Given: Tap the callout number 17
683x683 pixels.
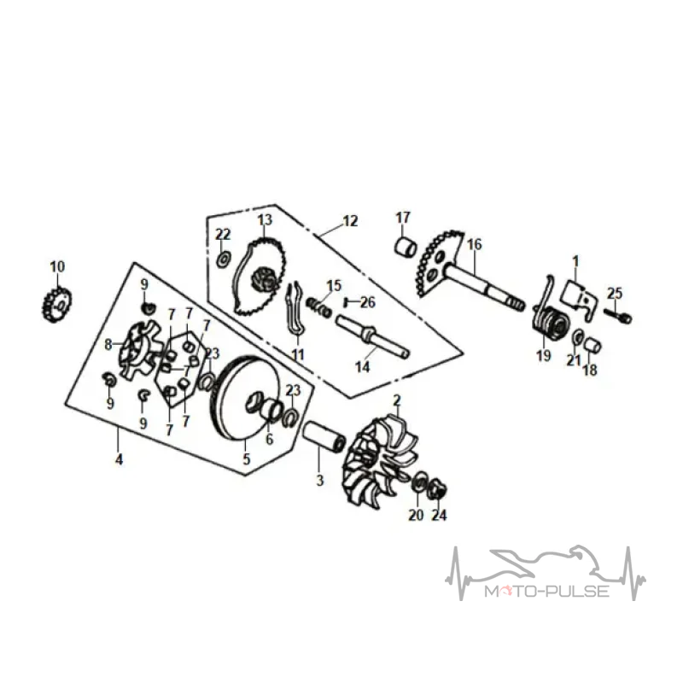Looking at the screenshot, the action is coord(403,218).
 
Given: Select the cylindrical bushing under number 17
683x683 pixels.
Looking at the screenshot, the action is coord(406,247).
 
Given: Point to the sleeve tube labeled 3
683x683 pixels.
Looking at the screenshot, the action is coord(324,436).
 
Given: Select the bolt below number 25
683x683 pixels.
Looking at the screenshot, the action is coord(618,315).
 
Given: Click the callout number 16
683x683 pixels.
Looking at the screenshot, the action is coord(475,244).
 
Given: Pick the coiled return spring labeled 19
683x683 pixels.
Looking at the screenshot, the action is coord(550,323).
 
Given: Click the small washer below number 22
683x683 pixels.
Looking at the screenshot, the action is coord(224,260).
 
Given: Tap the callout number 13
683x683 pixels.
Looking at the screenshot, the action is coord(265,220).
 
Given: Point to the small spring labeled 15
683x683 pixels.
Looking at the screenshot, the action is coord(318,306).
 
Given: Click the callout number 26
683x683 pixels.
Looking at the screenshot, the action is coord(368,302).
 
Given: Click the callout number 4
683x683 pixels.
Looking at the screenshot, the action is coord(119,459).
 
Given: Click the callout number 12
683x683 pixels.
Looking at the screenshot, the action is coord(350,221).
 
